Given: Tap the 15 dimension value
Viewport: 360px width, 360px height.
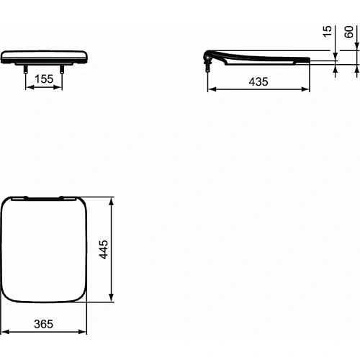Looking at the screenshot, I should coord(328,32).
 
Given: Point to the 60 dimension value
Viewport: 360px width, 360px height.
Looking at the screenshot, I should coord(350,32).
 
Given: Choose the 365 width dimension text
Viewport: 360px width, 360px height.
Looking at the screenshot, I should coord(44,325).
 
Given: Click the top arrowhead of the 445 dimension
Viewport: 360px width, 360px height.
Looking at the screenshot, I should coord(111,201).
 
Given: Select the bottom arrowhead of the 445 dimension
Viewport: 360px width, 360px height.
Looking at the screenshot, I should coord(111,298).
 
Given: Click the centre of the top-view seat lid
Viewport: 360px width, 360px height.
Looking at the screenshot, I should coord(44,249).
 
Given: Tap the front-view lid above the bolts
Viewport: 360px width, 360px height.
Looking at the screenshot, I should coord(44,56).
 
